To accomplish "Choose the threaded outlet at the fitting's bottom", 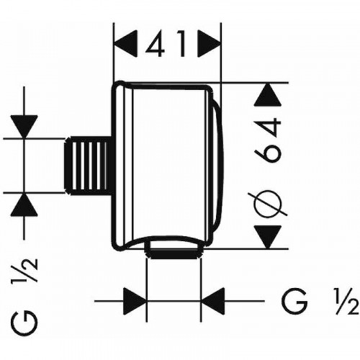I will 173,251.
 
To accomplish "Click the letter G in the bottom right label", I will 291,299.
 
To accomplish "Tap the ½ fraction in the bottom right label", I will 345,299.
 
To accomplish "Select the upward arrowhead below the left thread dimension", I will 25,207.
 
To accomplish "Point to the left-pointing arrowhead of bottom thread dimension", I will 212,299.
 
